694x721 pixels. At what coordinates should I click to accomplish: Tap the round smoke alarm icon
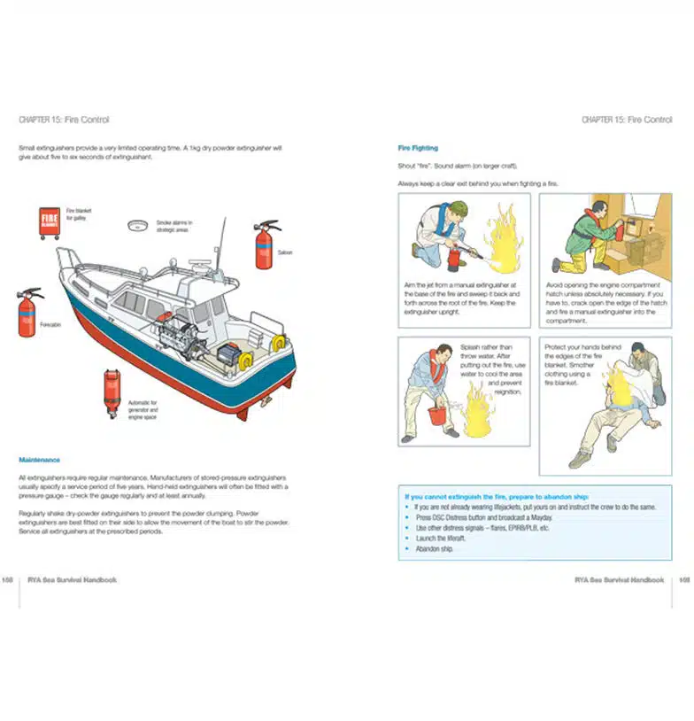[x=137, y=226]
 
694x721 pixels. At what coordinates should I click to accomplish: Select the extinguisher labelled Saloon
[x=266, y=245]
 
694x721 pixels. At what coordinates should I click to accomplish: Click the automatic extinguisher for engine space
[x=112, y=392]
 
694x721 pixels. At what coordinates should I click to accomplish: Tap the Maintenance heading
[x=40, y=460]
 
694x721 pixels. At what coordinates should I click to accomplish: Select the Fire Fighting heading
[x=418, y=148]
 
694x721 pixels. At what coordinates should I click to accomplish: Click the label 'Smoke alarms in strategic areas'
[x=174, y=227]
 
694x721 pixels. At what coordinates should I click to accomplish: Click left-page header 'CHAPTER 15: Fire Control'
[x=64, y=120]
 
